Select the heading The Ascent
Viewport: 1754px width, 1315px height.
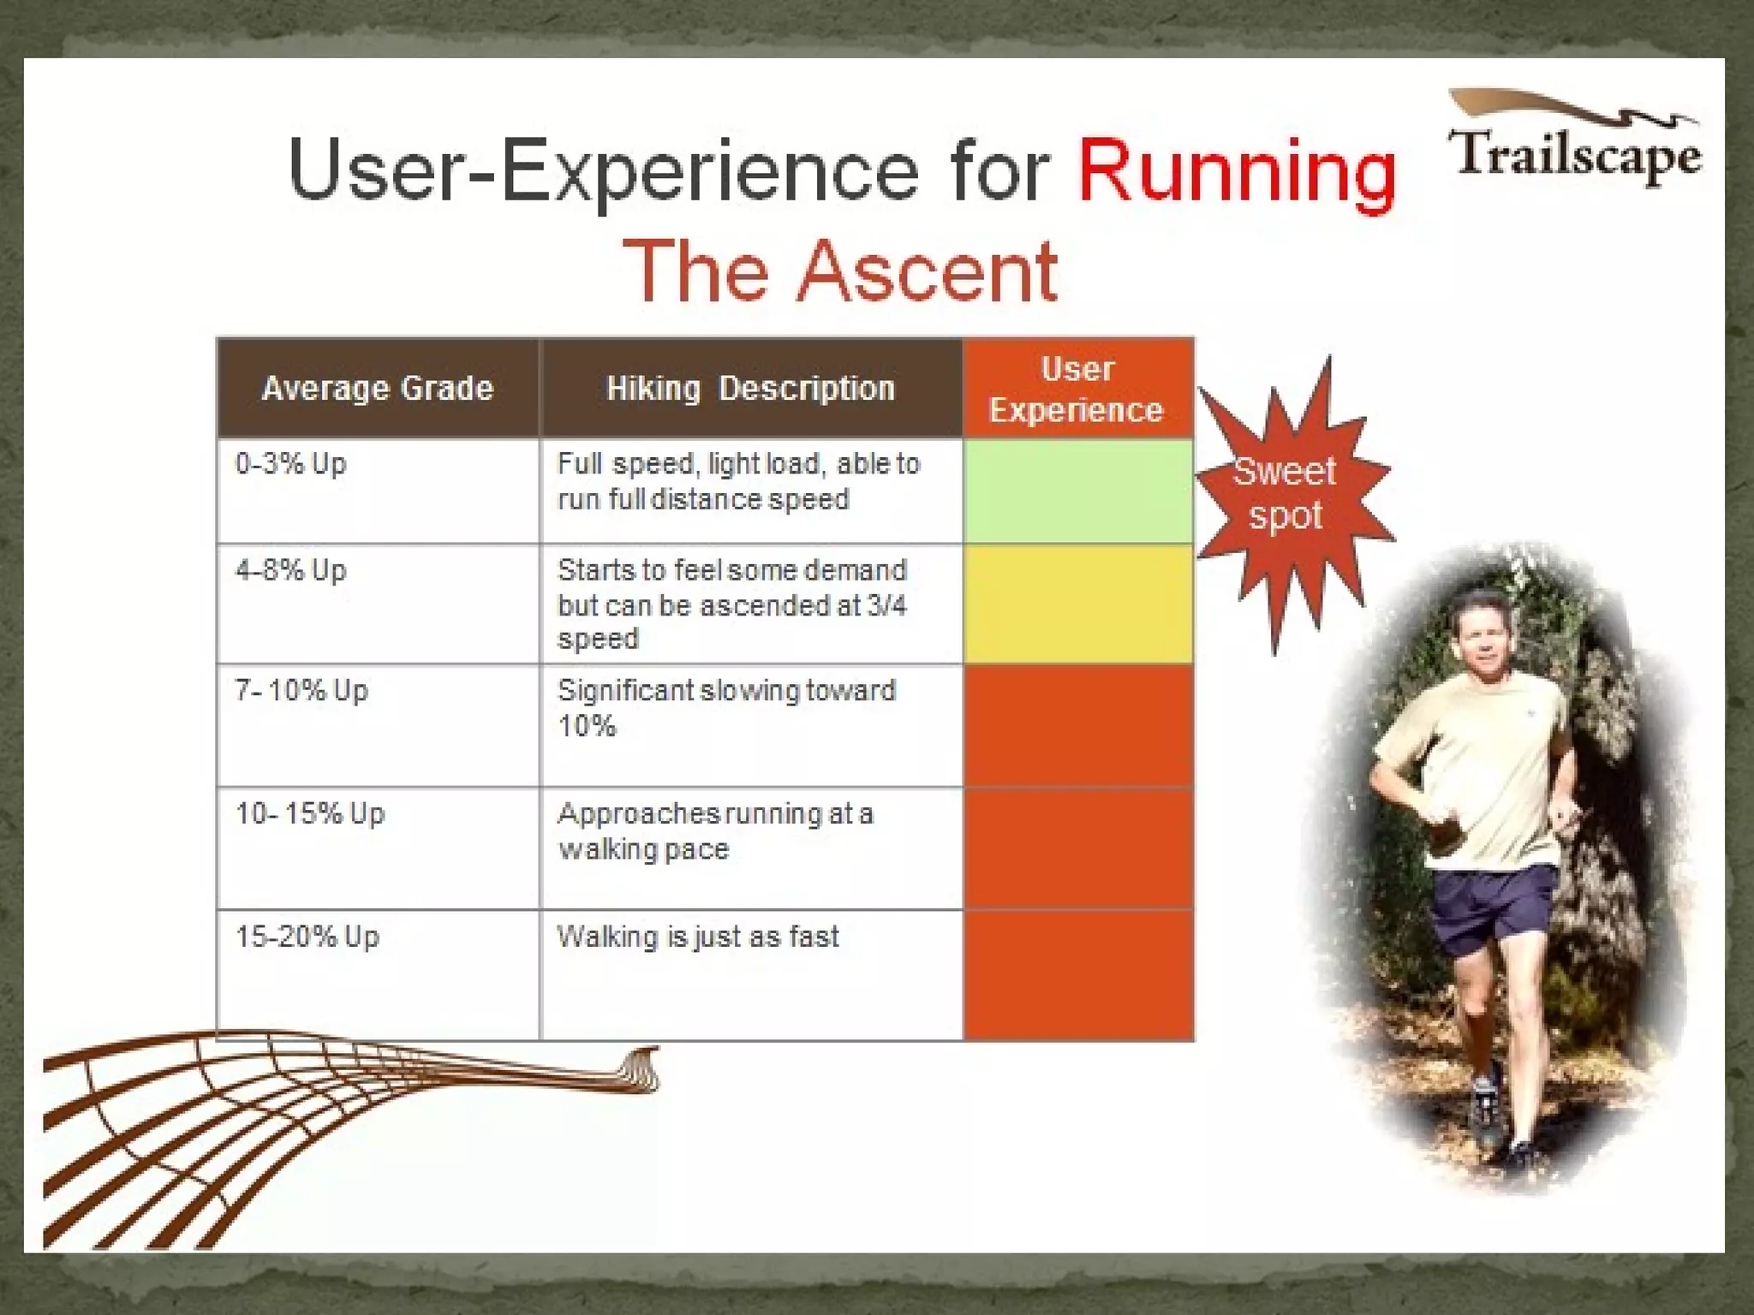point(841,271)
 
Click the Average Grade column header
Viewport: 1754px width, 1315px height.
point(378,389)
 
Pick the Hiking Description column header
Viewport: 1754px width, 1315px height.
point(750,389)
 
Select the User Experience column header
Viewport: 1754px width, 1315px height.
point(1077,390)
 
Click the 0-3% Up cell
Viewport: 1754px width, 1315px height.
point(291,464)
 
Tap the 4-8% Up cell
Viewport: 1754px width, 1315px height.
point(291,570)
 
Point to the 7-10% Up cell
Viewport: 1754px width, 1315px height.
point(301,690)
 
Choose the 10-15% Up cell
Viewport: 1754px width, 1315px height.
point(310,813)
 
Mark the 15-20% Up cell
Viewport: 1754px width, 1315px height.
point(307,937)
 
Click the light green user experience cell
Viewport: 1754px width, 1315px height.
point(1077,491)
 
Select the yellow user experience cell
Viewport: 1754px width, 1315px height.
point(1077,604)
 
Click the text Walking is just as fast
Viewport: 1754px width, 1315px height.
point(697,937)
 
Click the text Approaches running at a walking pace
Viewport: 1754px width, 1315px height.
point(714,830)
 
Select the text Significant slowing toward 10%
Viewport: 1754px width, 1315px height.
point(725,707)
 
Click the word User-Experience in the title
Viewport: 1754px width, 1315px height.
point(603,170)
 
